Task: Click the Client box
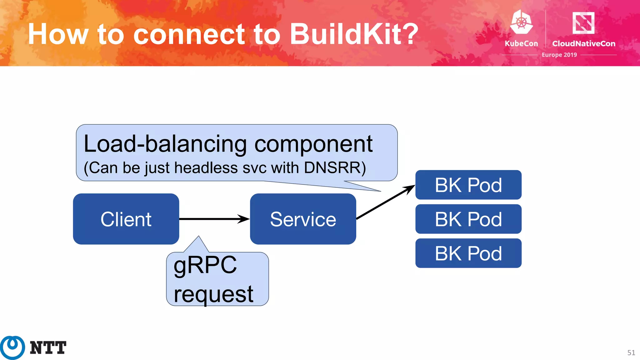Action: pyautogui.click(x=126, y=219)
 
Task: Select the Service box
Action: pyautogui.click(x=303, y=219)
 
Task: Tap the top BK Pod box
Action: pyautogui.click(x=468, y=185)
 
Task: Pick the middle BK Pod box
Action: pyautogui.click(x=468, y=219)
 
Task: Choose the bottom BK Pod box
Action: pyautogui.click(x=468, y=253)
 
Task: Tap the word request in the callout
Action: pyautogui.click(x=213, y=294)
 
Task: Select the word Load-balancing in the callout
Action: pyautogui.click(x=165, y=144)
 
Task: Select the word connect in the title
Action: pyautogui.click(x=189, y=34)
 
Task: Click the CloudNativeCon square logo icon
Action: pyautogui.click(x=583, y=22)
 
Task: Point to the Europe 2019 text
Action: pyautogui.click(x=559, y=55)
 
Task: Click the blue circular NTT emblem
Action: pyautogui.click(x=12, y=347)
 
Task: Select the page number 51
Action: pyautogui.click(x=631, y=352)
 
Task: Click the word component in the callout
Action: pyautogui.click(x=313, y=144)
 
